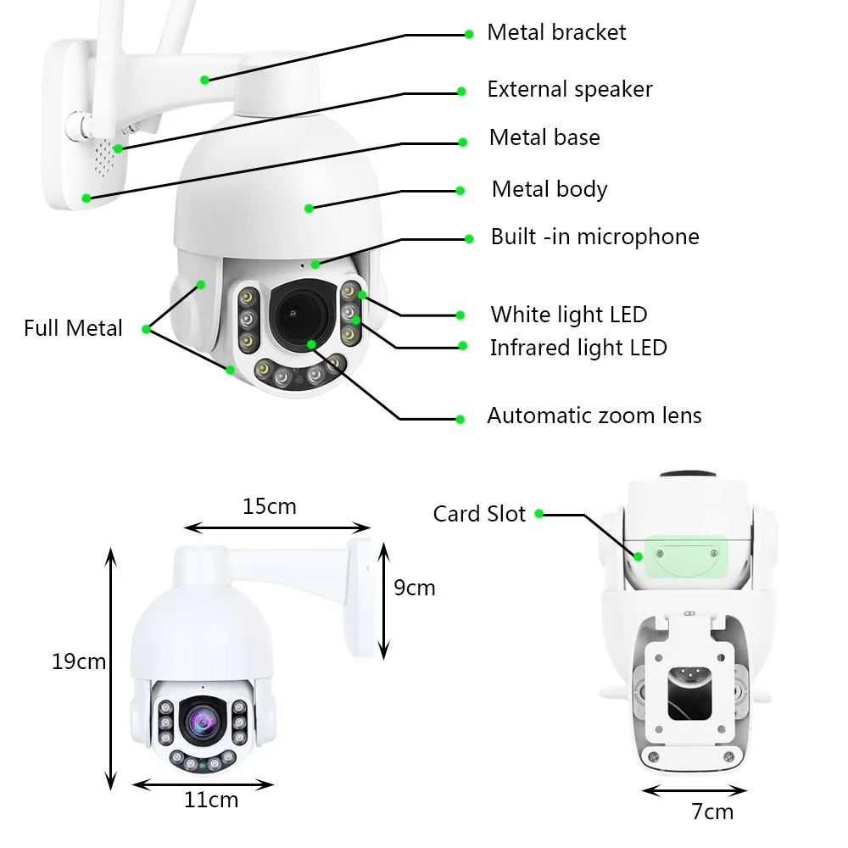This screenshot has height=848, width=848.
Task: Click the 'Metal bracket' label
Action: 556,33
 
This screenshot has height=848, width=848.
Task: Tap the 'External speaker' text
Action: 569,89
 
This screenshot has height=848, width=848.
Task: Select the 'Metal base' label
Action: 544,137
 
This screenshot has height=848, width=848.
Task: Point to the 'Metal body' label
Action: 550,189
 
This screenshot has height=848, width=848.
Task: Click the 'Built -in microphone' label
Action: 594,237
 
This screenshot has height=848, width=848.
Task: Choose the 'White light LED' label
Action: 568,315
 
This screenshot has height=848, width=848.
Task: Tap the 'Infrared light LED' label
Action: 578,348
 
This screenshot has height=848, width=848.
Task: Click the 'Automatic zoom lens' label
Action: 594,416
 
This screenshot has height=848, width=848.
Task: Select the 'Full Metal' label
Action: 73,328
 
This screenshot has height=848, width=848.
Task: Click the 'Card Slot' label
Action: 479,514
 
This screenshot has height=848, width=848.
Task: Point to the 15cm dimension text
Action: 269,507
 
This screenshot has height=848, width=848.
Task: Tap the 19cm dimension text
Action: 79,661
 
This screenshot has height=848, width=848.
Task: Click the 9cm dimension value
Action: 414,588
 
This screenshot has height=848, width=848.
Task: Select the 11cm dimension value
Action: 211,800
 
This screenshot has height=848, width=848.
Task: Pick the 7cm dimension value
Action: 712,812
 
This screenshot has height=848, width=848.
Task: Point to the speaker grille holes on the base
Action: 104,161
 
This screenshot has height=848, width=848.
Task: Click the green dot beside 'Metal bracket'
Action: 469,35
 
